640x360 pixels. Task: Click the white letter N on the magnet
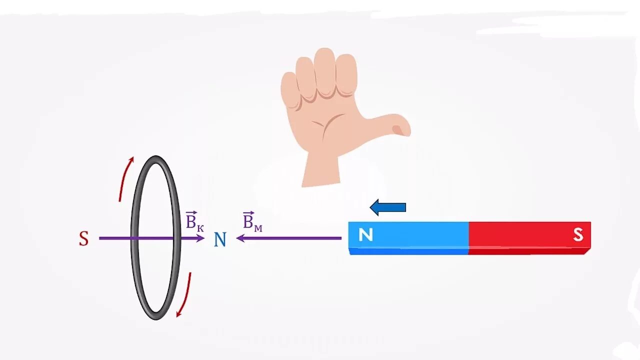pos(365,234)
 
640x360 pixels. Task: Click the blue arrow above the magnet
pos(388,207)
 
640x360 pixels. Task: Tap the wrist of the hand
pos(321,172)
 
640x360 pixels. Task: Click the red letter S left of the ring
pos(83,239)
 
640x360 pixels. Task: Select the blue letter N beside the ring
pos(220,240)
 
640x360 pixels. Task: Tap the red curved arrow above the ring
pos(126,177)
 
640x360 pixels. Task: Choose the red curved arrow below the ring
pos(184,295)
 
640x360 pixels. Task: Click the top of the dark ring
pos(156,159)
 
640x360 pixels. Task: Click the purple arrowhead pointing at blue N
pos(200,238)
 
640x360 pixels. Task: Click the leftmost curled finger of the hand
pos(290,90)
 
